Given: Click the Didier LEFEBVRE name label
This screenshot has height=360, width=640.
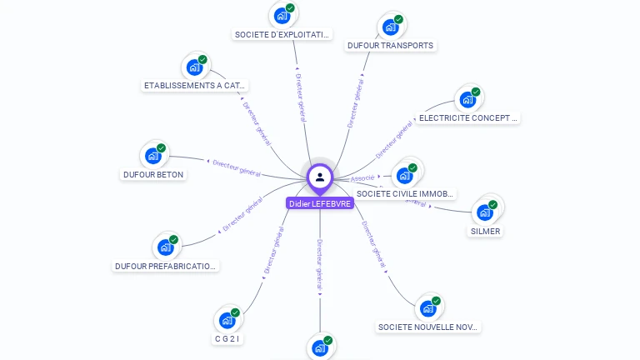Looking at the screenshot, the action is [320, 203].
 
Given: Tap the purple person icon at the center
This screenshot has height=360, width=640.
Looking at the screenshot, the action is [320, 177].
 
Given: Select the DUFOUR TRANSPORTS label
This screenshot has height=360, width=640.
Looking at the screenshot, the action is [390, 46].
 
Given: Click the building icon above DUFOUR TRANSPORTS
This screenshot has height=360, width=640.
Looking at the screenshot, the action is [390, 27].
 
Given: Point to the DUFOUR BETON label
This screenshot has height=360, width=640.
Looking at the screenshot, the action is [153, 175].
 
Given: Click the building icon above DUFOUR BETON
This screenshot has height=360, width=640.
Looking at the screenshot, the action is [153, 155].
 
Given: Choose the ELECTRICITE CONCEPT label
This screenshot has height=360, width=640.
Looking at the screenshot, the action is [468, 118].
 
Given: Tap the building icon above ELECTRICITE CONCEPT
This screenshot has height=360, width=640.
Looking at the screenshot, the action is [467, 99].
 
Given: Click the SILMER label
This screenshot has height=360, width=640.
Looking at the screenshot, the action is [485, 231].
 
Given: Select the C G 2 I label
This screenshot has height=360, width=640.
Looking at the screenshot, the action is [227, 338].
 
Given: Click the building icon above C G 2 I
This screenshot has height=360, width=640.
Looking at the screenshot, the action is [227, 319].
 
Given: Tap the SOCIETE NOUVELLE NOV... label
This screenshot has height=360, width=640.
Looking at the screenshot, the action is [428, 327].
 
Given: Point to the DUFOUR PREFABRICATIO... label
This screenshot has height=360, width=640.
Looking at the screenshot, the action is [166, 267].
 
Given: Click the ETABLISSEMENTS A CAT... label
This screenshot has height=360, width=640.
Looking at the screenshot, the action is [195, 86].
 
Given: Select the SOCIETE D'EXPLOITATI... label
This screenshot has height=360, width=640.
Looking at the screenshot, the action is [282, 35].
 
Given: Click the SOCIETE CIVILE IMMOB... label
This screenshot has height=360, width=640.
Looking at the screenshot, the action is [405, 194].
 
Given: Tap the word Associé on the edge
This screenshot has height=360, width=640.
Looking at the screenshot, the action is [363, 178].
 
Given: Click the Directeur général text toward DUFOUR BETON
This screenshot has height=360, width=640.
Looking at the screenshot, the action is [237, 167].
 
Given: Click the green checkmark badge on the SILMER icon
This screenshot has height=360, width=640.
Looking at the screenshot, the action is [492, 204].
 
